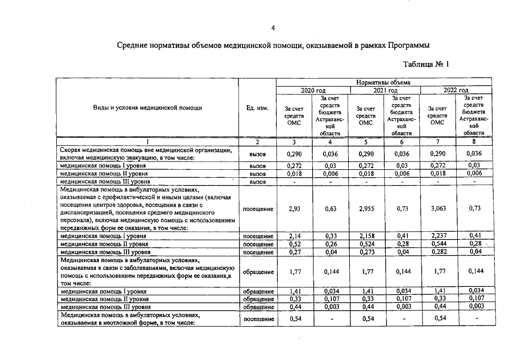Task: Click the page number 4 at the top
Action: click(x=273, y=28)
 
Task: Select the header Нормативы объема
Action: click(x=384, y=83)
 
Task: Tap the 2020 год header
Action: click(x=313, y=90)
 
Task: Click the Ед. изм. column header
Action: click(x=257, y=108)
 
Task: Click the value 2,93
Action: click(x=294, y=209)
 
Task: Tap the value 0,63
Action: click(x=331, y=209)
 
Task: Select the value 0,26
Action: click(x=331, y=245)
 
